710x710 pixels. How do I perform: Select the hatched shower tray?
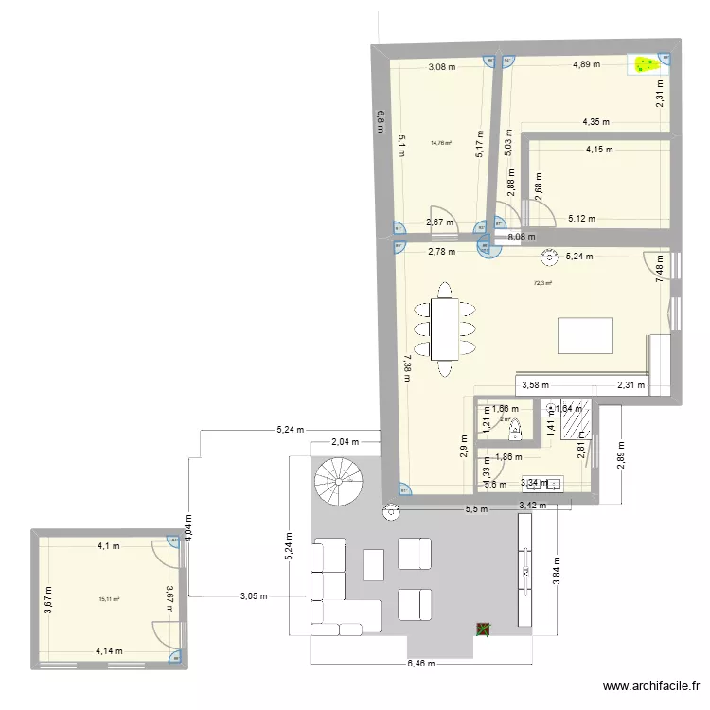tap(576, 420)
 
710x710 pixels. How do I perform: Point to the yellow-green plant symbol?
tap(648, 65)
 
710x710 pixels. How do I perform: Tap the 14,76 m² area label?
tap(440, 144)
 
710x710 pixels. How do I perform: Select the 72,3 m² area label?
tap(543, 282)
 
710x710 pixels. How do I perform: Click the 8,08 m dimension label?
tap(521, 237)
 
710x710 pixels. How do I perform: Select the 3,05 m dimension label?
tap(254, 596)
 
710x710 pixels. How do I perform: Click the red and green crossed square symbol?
tap(484, 628)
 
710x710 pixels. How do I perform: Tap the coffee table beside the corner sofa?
tap(373, 565)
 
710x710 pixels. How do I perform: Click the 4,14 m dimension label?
tap(109, 651)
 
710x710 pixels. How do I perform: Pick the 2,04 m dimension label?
tap(345, 442)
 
